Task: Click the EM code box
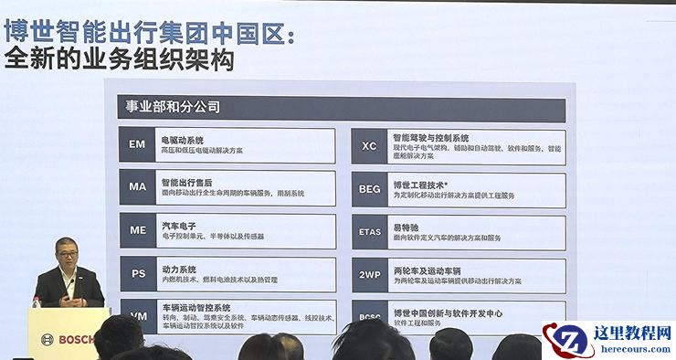pyautogui.click(x=137, y=145)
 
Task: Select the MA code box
pyautogui.click(x=137, y=187)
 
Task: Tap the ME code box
pyautogui.click(x=137, y=230)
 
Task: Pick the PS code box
pyautogui.click(x=137, y=273)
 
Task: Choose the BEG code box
pyautogui.click(x=369, y=189)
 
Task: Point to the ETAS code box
pyautogui.click(x=369, y=232)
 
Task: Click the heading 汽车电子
pyautogui.click(x=176, y=225)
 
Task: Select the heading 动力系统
pyautogui.click(x=176, y=269)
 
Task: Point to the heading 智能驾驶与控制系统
pyautogui.click(x=430, y=138)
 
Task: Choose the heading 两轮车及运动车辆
pyautogui.click(x=425, y=270)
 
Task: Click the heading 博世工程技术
pyautogui.click(x=419, y=184)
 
